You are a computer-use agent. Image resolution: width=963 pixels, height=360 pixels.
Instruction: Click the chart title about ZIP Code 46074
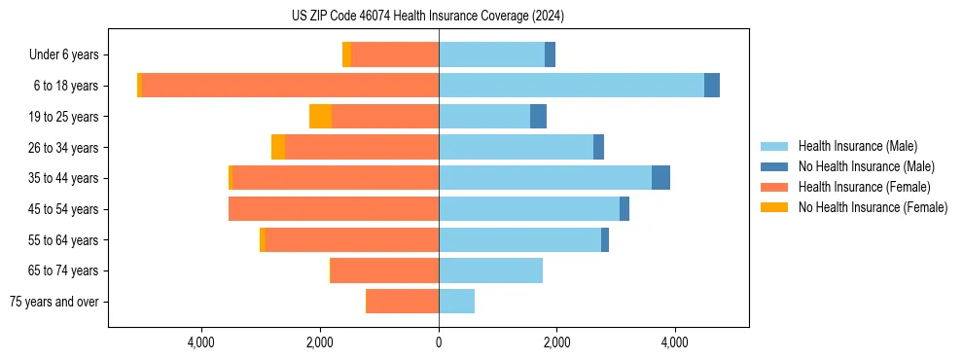[428, 17]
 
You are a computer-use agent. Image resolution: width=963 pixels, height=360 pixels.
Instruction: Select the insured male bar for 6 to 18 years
[571, 86]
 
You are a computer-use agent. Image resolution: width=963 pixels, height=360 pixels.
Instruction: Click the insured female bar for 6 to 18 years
[290, 86]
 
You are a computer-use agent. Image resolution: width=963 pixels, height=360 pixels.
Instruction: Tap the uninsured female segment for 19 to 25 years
[320, 117]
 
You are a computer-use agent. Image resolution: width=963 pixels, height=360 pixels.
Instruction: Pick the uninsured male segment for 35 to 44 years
[660, 178]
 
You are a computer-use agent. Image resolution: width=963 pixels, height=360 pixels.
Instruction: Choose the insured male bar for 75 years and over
[456, 302]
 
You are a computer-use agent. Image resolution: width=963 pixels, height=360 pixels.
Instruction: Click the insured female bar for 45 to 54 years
[334, 209]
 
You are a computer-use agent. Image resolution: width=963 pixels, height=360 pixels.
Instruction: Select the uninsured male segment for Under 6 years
[550, 54]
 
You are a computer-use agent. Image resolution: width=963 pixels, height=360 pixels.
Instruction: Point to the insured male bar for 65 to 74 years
[490, 270]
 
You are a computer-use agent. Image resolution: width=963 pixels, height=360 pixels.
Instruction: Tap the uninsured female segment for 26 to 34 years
[278, 147]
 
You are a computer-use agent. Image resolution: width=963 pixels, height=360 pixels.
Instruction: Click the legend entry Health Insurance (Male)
[857, 146]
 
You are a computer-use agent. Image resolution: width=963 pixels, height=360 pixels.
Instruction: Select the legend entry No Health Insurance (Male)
[866, 166]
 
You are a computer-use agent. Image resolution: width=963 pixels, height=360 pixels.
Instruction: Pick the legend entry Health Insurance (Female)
[864, 187]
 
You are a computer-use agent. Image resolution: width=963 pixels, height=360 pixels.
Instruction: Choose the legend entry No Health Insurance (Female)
[873, 207]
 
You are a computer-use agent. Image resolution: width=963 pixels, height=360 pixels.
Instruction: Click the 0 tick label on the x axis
[439, 342]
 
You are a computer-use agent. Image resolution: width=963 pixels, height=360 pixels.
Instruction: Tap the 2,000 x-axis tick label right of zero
[556, 342]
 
